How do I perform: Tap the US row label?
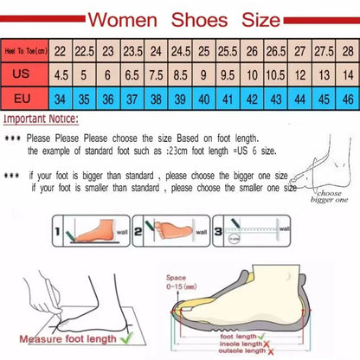(25, 74)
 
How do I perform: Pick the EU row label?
(25, 98)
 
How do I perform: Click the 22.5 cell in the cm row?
(85, 52)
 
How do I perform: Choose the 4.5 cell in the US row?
(61, 74)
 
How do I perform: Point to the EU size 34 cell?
(61, 98)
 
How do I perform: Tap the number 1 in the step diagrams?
(59, 232)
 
